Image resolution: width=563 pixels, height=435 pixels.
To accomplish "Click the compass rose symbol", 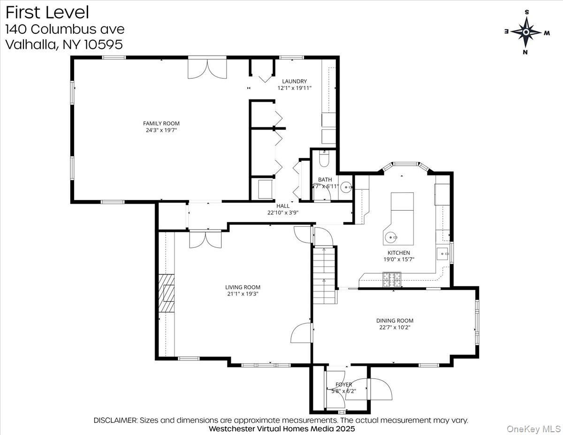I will pos(526,32).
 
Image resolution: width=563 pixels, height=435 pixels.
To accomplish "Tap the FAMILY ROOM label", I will pos(161,123).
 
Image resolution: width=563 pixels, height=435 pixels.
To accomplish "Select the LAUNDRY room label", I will pos(294,81).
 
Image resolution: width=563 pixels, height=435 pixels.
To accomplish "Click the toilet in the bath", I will pos(324,160).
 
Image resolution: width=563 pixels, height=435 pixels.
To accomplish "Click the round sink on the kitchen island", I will pos(391,237).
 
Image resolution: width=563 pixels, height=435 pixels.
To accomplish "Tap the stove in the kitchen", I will pos(392,279).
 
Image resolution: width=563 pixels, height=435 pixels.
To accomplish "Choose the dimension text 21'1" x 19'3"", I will pos(242,294).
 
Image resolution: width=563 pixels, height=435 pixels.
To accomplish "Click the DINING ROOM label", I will pos(395,321).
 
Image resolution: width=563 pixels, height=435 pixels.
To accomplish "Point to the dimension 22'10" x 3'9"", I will pos(283,212).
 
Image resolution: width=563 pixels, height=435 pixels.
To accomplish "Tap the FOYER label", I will pos(344,384).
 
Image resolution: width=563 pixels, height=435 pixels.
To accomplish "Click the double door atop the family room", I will pos(207,69).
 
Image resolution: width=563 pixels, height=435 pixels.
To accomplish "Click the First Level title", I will pos(47,12).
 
